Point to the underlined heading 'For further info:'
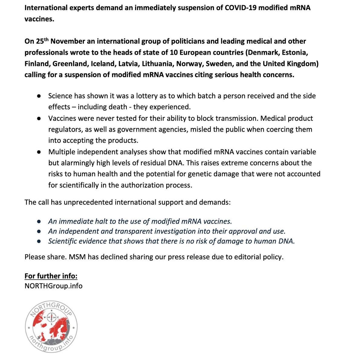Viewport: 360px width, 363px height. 51,276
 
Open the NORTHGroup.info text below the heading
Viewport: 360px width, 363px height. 54,286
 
